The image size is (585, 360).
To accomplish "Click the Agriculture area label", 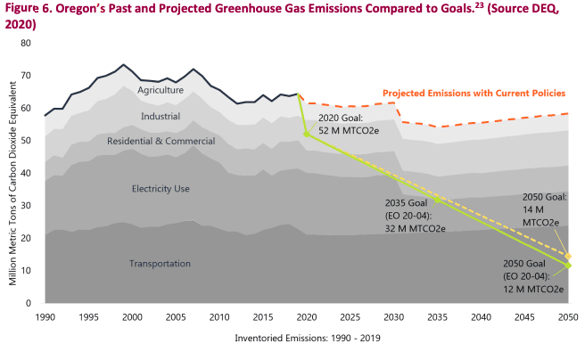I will click(x=161, y=90).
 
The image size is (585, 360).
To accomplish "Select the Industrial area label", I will click(x=161, y=116).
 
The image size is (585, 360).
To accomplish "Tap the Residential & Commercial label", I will click(x=161, y=141).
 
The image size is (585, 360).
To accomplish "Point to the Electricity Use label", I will click(x=161, y=188).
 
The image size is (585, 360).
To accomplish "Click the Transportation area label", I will click(x=161, y=263).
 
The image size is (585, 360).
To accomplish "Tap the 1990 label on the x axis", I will click(x=45, y=317).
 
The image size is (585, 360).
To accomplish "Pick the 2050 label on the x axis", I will click(x=567, y=317).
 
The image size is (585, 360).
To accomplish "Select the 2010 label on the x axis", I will click(x=219, y=317).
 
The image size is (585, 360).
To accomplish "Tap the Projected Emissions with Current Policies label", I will click(x=474, y=93).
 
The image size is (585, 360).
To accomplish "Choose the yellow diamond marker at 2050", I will click(x=568, y=257).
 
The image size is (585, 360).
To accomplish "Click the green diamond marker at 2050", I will click(x=568, y=266).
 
